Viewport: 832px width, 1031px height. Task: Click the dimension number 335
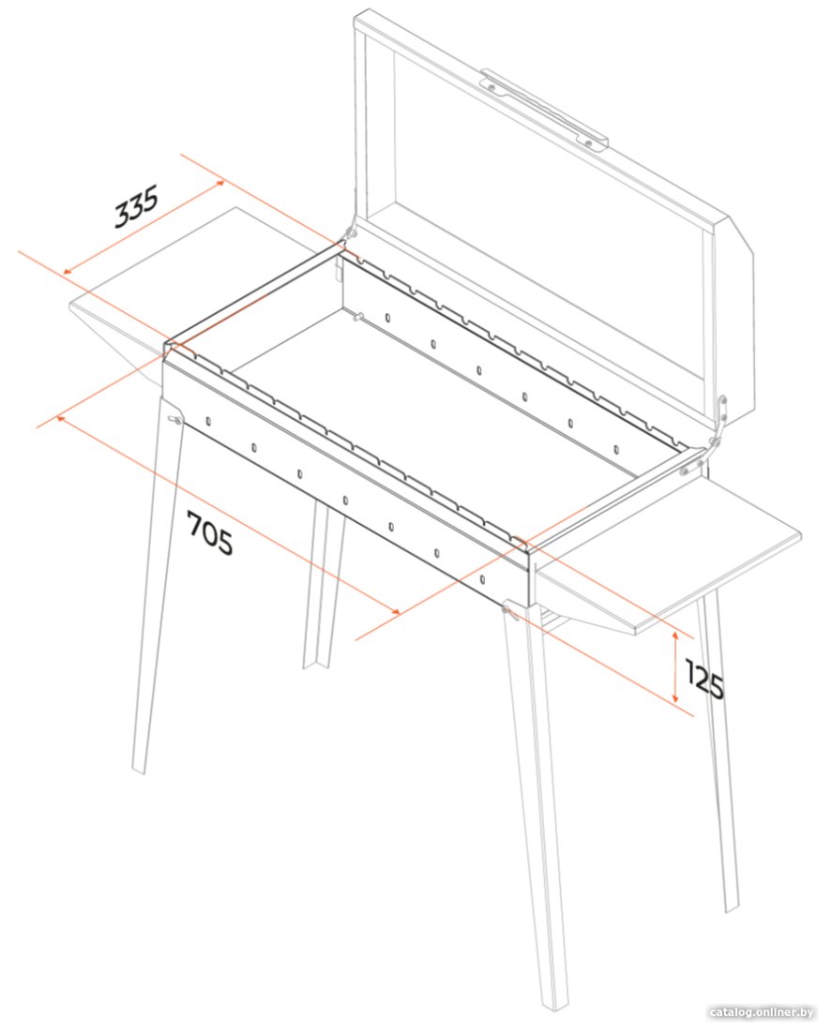click(x=136, y=206)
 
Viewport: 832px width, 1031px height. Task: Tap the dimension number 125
click(x=704, y=679)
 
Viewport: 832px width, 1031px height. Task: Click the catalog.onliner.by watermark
click(x=763, y=1012)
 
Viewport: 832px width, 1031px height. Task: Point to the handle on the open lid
click(x=544, y=109)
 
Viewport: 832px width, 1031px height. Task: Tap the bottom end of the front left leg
click(x=139, y=770)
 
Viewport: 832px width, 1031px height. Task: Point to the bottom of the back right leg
click(x=732, y=908)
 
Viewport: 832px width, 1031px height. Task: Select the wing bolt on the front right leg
click(x=508, y=611)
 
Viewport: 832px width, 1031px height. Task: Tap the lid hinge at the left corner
click(x=349, y=234)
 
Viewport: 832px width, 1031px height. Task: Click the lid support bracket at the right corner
click(x=720, y=421)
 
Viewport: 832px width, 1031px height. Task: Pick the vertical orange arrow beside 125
click(x=674, y=666)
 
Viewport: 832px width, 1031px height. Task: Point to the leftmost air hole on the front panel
click(x=208, y=421)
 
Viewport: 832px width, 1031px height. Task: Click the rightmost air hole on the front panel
click(x=482, y=579)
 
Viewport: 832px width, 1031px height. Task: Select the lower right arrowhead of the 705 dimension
click(x=395, y=611)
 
